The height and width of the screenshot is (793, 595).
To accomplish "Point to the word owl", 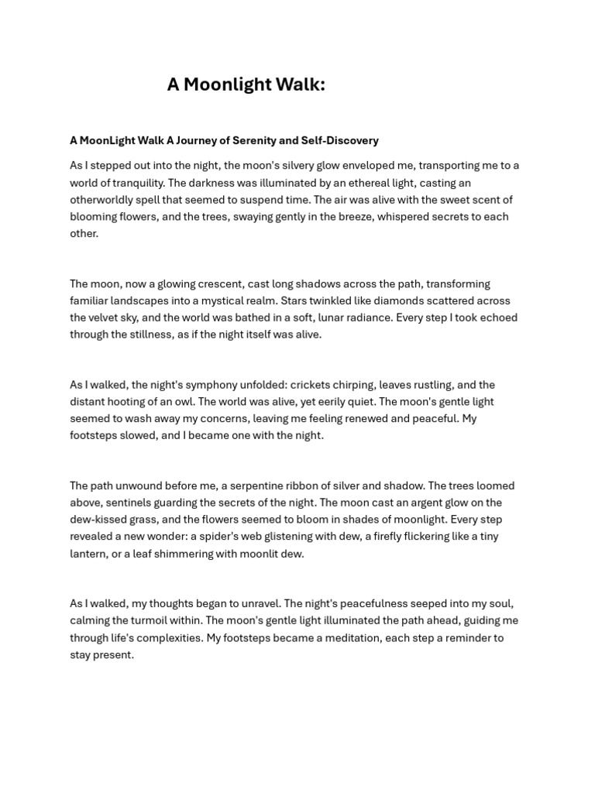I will tap(207, 402).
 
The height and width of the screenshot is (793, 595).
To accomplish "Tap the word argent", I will tap(421, 503).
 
